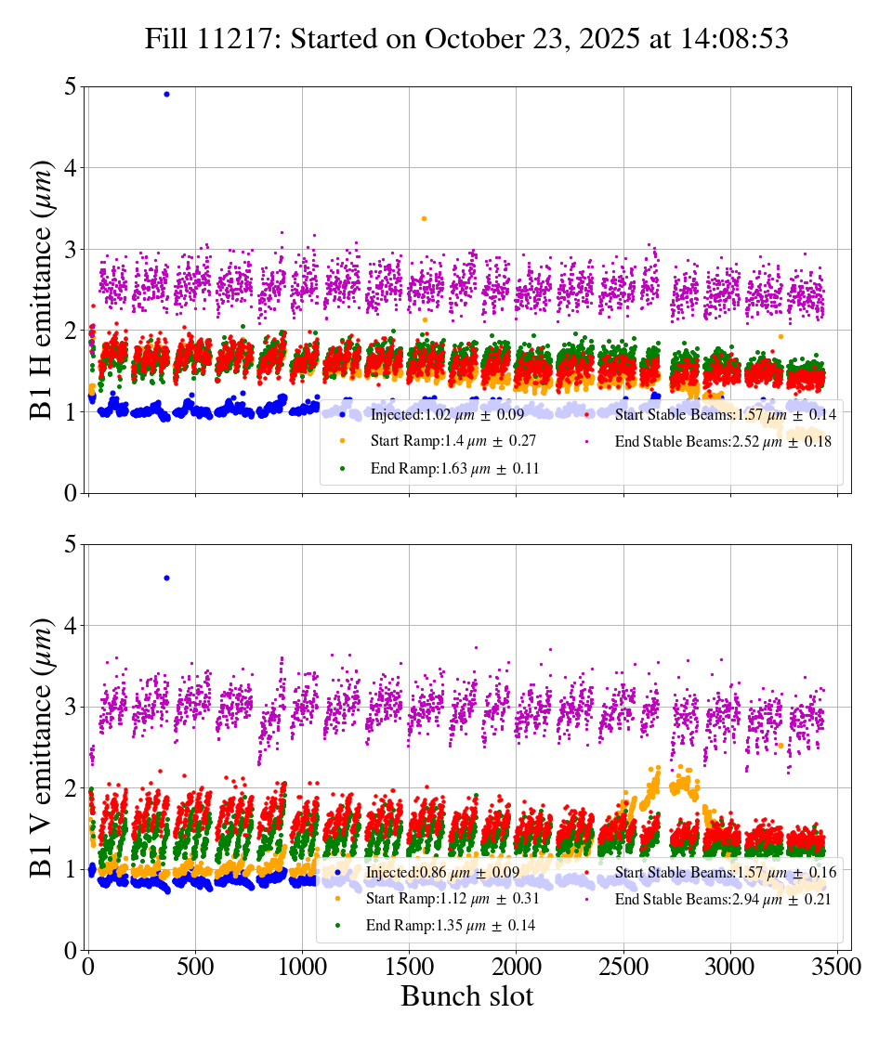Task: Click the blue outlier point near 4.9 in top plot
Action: pyautogui.click(x=166, y=94)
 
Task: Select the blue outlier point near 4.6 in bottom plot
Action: pyautogui.click(x=166, y=578)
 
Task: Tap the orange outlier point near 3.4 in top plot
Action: pyautogui.click(x=424, y=218)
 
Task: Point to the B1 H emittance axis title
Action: pyautogui.click(x=42, y=290)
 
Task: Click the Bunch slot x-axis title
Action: pyautogui.click(x=466, y=997)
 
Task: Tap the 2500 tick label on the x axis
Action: pyautogui.click(x=623, y=968)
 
